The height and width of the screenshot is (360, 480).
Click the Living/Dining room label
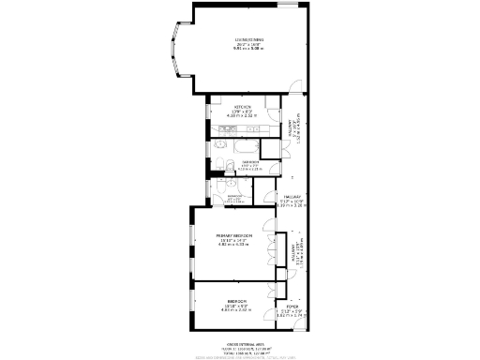click(249, 38)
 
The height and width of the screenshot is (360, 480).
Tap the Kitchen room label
click(243, 107)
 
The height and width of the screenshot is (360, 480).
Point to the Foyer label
click(292, 306)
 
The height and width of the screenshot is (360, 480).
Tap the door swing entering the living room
click(293, 89)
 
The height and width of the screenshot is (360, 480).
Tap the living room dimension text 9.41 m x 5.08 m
click(249, 48)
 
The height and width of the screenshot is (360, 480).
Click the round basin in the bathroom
click(217, 166)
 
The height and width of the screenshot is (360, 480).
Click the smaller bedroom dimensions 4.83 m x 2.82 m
click(235, 308)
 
